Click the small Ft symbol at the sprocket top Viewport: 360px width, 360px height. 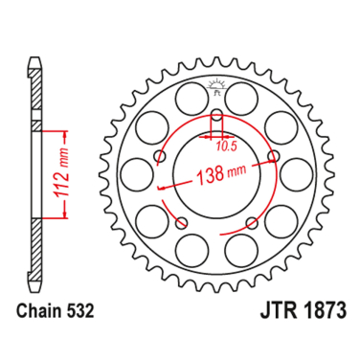click(216, 89)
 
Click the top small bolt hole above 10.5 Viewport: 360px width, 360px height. click(216, 118)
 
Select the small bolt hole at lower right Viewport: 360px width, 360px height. click(251, 221)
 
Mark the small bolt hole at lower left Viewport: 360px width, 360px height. click(182, 221)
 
